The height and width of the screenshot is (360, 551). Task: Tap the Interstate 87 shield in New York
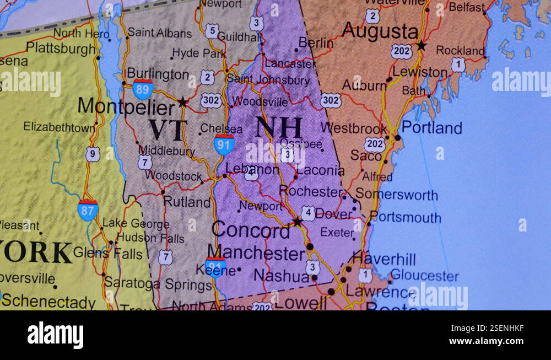pyautogui.click(x=88, y=210)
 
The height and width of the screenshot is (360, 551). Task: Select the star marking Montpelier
pyautogui.click(x=182, y=102)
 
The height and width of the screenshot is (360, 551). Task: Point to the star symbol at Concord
pyautogui.click(x=297, y=222)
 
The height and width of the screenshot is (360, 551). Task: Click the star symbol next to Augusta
pyautogui.click(x=422, y=45)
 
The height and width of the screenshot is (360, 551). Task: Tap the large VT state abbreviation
pyautogui.click(x=168, y=130)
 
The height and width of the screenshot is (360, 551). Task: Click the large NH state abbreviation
pyautogui.click(x=279, y=127)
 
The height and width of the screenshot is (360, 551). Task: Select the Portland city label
pyautogui.click(x=431, y=128)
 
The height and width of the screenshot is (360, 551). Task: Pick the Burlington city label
pyautogui.click(x=158, y=74)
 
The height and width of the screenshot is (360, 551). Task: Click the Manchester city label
pyautogui.click(x=257, y=254)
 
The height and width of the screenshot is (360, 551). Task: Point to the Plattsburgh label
pyautogui.click(x=61, y=49)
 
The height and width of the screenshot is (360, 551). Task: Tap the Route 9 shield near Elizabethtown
pyautogui.click(x=93, y=154)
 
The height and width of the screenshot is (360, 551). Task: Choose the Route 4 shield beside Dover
pyautogui.click(x=309, y=213)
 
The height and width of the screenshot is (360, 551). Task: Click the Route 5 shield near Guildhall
pyautogui.click(x=212, y=31)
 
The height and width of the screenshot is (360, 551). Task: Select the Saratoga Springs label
pyautogui.click(x=158, y=284)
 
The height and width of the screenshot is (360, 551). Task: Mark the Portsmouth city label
pyautogui.click(x=406, y=218)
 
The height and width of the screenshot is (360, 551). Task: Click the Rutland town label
pyautogui.click(x=187, y=202)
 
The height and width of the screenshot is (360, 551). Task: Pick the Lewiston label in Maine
pyautogui.click(x=420, y=72)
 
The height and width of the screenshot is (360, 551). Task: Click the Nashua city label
pyautogui.click(x=281, y=276)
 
